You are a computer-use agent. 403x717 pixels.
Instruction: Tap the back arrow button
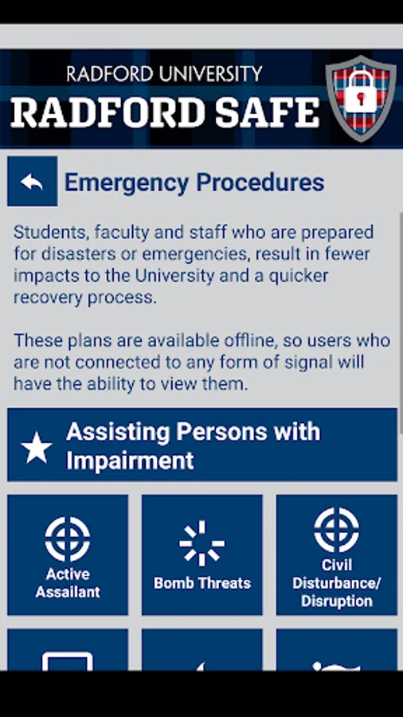(x=33, y=181)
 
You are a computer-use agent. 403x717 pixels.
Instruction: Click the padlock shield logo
(x=361, y=98)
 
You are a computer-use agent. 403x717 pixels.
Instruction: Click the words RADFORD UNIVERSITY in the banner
(x=165, y=73)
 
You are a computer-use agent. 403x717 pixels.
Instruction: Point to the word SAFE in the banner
(x=268, y=112)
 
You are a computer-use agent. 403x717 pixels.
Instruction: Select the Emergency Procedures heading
(x=194, y=182)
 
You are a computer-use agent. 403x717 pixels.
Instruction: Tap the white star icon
(x=37, y=448)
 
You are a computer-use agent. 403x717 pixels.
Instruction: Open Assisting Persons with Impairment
(x=202, y=445)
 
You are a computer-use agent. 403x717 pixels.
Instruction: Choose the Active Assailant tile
(x=68, y=554)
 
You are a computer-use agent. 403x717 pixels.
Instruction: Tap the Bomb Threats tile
(x=202, y=554)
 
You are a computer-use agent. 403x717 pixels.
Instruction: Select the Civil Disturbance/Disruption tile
(x=337, y=554)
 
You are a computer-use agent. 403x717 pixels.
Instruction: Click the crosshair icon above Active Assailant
(x=68, y=539)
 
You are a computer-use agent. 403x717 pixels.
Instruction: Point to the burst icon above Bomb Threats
(x=202, y=543)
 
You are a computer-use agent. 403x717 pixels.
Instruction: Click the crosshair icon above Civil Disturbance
(x=337, y=530)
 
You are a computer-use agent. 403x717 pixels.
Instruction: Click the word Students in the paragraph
(x=50, y=233)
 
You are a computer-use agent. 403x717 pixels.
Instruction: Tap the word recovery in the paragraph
(x=48, y=298)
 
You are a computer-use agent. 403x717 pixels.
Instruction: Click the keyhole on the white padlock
(x=361, y=98)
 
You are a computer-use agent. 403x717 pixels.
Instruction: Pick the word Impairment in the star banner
(x=131, y=461)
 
